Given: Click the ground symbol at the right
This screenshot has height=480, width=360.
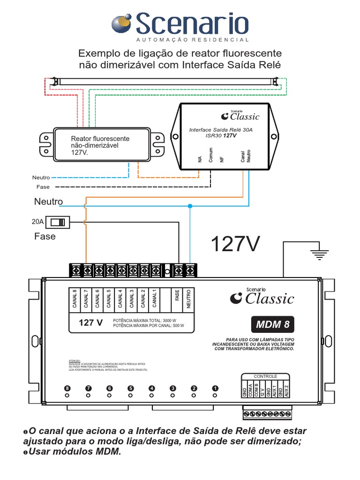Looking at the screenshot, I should pyautogui.click(x=319, y=255).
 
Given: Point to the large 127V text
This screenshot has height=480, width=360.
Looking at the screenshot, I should pyautogui.click(x=234, y=244).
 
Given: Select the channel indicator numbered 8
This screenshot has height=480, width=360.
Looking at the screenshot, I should pyautogui.click(x=67, y=389).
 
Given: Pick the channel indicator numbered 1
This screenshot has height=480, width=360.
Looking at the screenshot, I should pyautogui.click(x=215, y=389).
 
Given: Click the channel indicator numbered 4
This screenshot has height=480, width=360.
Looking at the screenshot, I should pyautogui.click(x=151, y=389).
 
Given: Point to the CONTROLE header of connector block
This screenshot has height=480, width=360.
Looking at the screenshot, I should pyautogui.click(x=265, y=376).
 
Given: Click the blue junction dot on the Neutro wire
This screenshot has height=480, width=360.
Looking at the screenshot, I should pyautogui.click(x=190, y=206).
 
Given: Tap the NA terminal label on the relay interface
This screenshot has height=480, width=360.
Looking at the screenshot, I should pyautogui.click(x=199, y=159).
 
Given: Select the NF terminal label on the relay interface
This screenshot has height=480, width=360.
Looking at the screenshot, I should pyautogui.click(x=222, y=159).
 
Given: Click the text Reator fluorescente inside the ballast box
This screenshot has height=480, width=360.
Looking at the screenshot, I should pyautogui.click(x=100, y=139).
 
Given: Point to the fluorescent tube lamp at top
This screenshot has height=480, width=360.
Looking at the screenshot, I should pyautogui.click(x=169, y=81).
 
